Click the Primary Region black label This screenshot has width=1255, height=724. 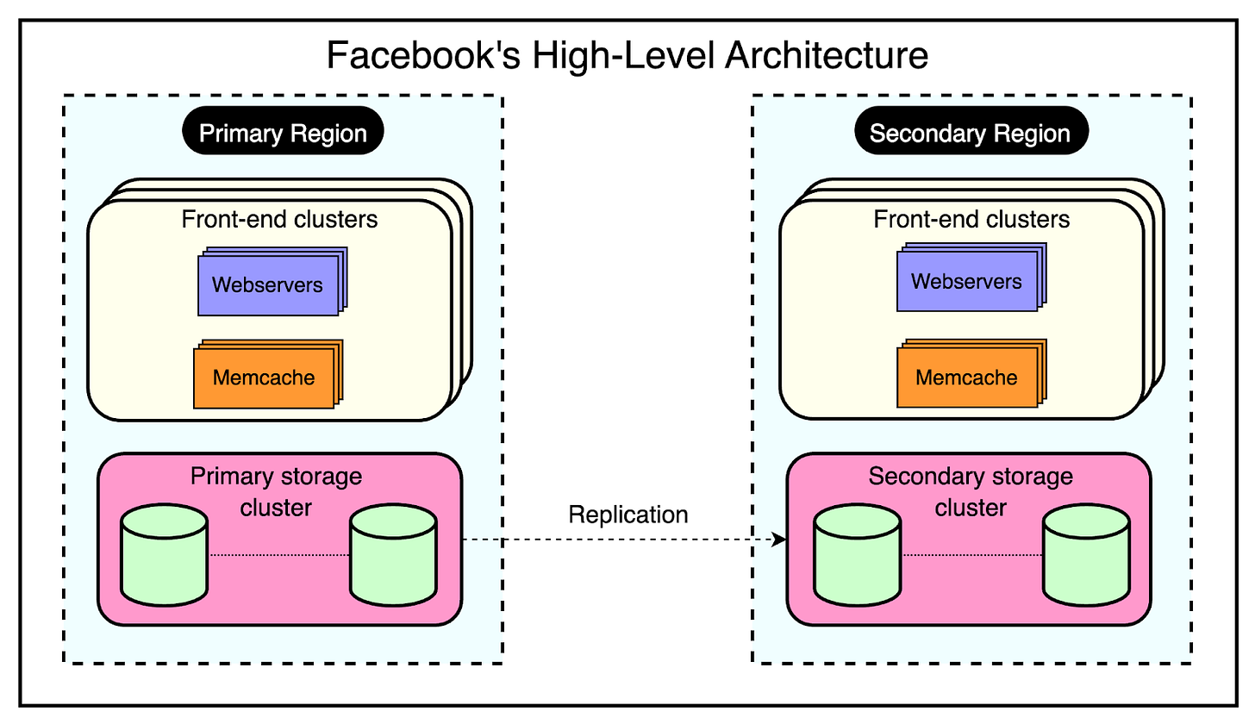(283, 133)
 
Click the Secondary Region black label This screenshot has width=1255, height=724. (971, 133)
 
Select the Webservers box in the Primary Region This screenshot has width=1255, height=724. (267, 284)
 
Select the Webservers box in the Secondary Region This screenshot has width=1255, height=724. (966, 281)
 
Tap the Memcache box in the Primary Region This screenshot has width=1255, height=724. (264, 378)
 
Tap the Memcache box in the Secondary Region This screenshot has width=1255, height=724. (966, 377)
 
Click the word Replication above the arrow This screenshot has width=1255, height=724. (628, 515)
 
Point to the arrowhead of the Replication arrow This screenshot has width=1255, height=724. (780, 540)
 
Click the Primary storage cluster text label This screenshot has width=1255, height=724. (276, 491)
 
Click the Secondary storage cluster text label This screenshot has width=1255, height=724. (971, 491)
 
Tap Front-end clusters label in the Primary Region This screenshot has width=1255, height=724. (279, 219)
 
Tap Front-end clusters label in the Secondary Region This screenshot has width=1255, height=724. (971, 219)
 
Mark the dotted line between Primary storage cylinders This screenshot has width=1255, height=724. (278, 556)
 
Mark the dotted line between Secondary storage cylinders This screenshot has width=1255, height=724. (972, 556)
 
